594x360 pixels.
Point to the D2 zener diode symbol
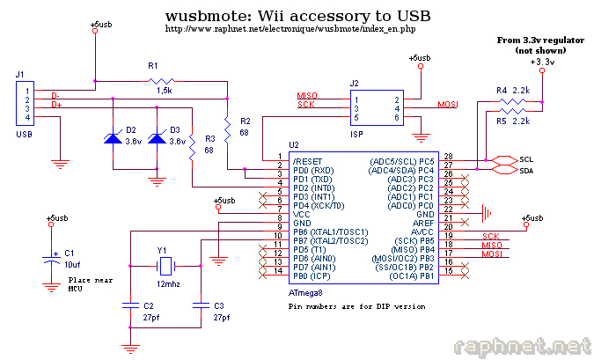tap(114, 138)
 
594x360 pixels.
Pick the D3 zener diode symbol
tap(157, 138)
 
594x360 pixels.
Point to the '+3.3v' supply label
tap(541, 62)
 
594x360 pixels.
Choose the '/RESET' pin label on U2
tap(307, 162)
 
